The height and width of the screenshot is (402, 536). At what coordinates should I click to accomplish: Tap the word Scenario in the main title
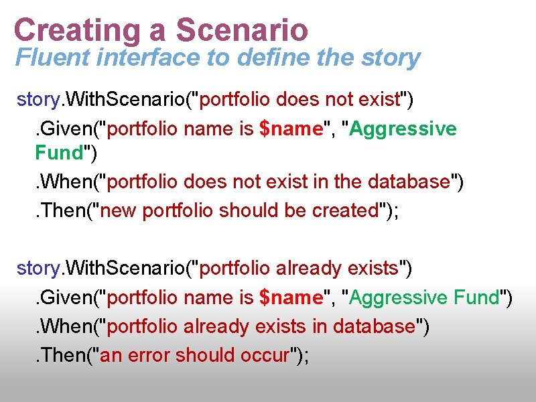pyautogui.click(x=242, y=30)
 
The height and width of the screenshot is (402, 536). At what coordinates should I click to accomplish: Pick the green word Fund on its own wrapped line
pyautogui.click(x=58, y=153)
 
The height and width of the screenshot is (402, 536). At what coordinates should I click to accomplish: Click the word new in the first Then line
pyautogui.click(x=121, y=210)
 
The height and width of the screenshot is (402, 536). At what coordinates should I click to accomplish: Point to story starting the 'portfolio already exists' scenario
pyautogui.click(x=38, y=269)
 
